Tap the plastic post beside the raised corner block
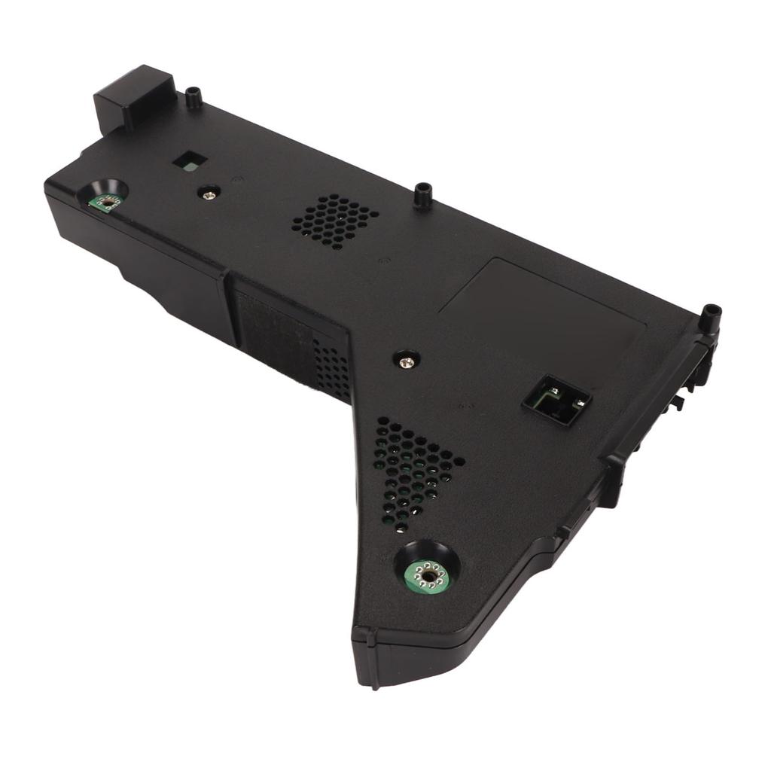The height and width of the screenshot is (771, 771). (x=194, y=98)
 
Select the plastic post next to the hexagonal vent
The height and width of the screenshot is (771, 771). (x=423, y=194)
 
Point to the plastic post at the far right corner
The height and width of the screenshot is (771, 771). (x=709, y=318)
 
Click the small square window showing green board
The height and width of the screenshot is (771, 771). (x=189, y=160)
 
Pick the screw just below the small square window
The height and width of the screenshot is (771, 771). (x=209, y=193)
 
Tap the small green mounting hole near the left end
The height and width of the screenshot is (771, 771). (x=108, y=201)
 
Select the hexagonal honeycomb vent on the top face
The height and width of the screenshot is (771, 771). (x=335, y=220)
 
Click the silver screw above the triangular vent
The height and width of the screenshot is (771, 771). (x=407, y=361)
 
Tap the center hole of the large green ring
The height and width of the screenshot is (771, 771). (x=428, y=577)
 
